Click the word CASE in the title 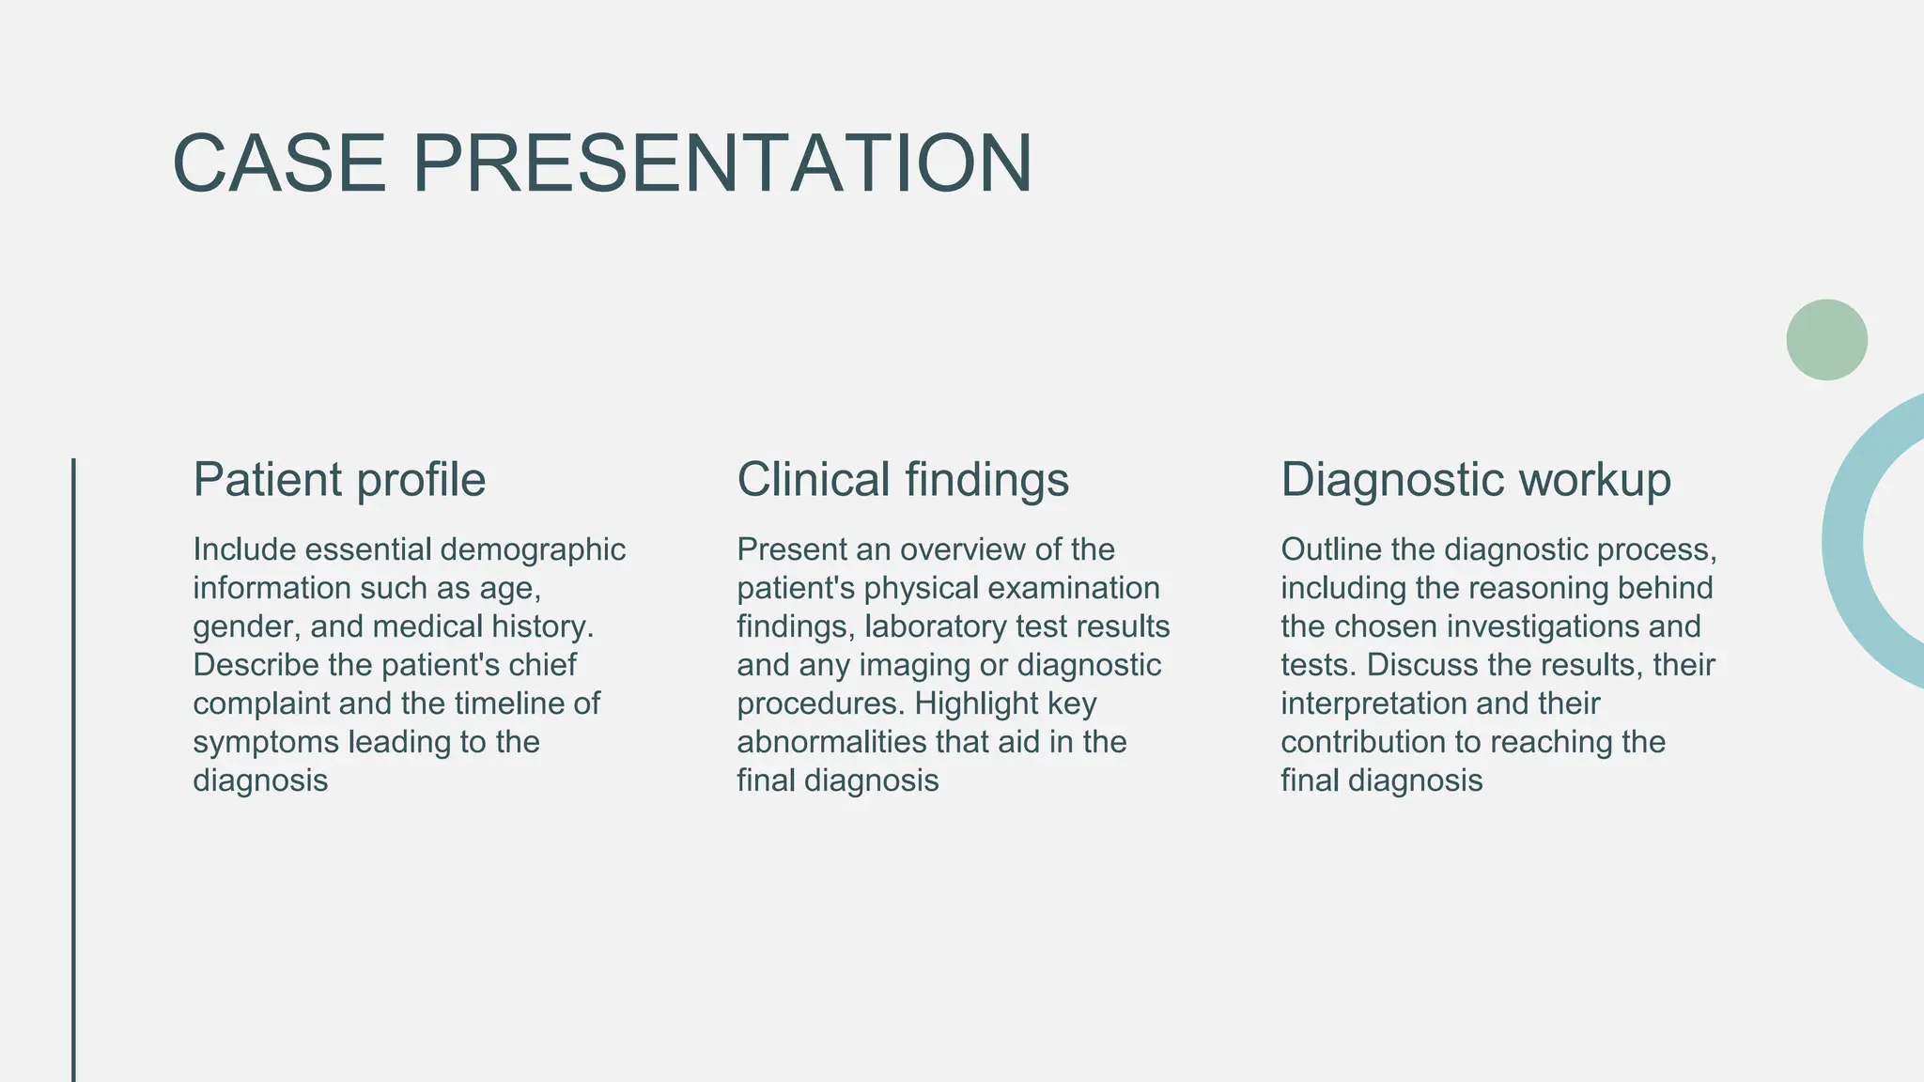[279, 163]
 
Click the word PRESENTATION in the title [722, 163]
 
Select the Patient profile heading [339, 479]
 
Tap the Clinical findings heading [903, 479]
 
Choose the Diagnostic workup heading [1476, 479]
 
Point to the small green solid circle [1826, 340]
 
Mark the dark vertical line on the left [73, 770]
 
